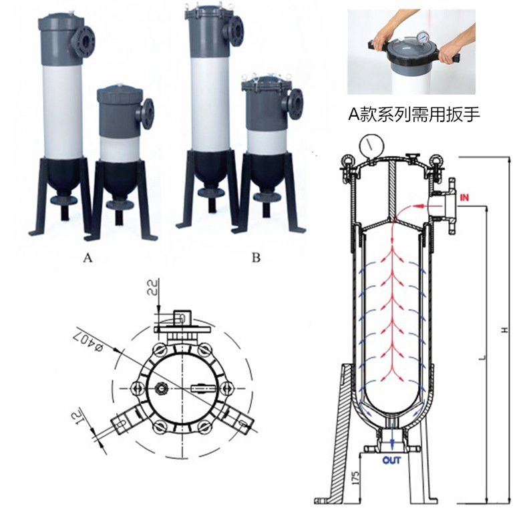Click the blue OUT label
[391, 460]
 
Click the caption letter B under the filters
[256, 258]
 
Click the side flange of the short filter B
[295, 103]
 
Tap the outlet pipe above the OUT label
[391, 441]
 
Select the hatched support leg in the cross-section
[337, 434]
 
